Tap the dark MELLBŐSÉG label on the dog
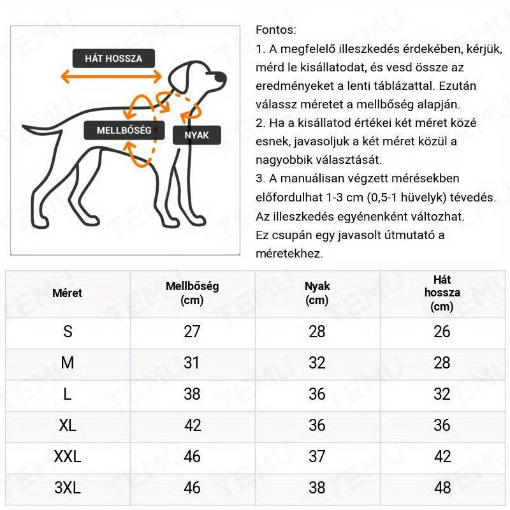[124, 130]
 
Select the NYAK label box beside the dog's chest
[196, 135]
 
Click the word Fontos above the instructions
[275, 30]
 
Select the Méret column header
[67, 293]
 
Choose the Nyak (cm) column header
[317, 293]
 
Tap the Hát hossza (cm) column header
[442, 293]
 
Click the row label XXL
[67, 456]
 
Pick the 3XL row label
[67, 488]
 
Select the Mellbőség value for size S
[192, 331]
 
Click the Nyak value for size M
[317, 363]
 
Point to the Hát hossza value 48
[442, 488]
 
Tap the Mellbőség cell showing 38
[192, 394]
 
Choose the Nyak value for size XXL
[317, 456]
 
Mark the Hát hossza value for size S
[442, 331]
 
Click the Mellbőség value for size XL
[192, 425]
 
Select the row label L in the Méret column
[67, 394]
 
